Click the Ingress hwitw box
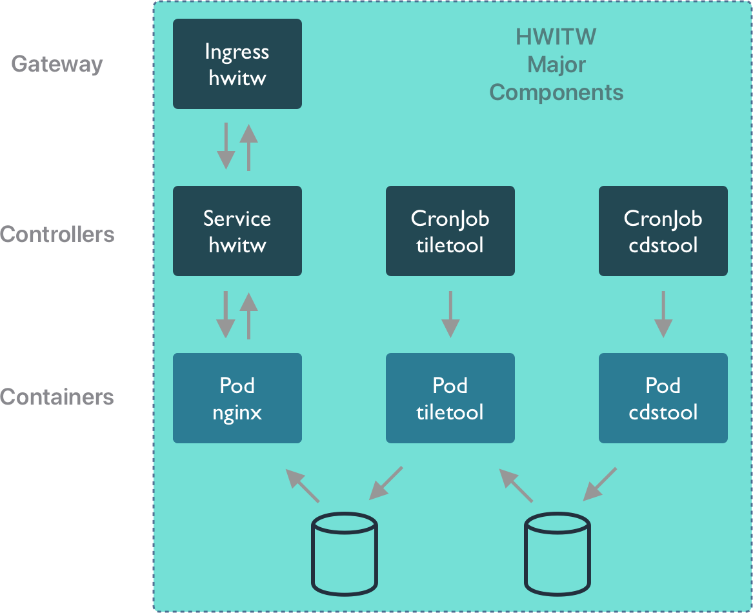coord(237,64)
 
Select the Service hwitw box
coord(237,231)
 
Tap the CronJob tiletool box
coord(450,231)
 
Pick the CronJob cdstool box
coord(663,231)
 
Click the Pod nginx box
coord(237,398)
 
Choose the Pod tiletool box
coord(450,398)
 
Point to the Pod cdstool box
coord(663,398)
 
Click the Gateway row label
coord(57,65)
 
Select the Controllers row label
coord(57,234)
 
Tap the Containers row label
coord(57,397)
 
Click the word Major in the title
coord(557,65)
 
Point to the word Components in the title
coord(557,92)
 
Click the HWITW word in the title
coord(556,37)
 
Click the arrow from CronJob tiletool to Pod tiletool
coord(450,314)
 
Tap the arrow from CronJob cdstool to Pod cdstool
coord(663,314)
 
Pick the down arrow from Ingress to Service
coord(226,146)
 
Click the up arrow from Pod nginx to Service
coord(249,316)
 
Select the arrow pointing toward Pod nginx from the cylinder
coord(302,486)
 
